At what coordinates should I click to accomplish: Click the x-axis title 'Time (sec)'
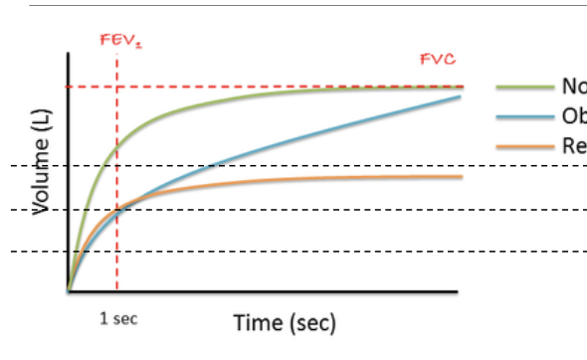[285, 323]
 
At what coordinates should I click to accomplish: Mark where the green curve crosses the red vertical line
[117, 149]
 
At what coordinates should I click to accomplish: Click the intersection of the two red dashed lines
[117, 88]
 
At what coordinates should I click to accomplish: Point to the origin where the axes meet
[68, 292]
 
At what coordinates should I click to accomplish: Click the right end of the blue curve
[461, 96]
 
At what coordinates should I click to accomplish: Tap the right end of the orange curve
[463, 177]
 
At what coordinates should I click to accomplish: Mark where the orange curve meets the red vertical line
[117, 210]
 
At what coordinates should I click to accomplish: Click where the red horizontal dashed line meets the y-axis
[68, 88]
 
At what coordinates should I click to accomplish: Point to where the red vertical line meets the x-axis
[117, 292]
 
